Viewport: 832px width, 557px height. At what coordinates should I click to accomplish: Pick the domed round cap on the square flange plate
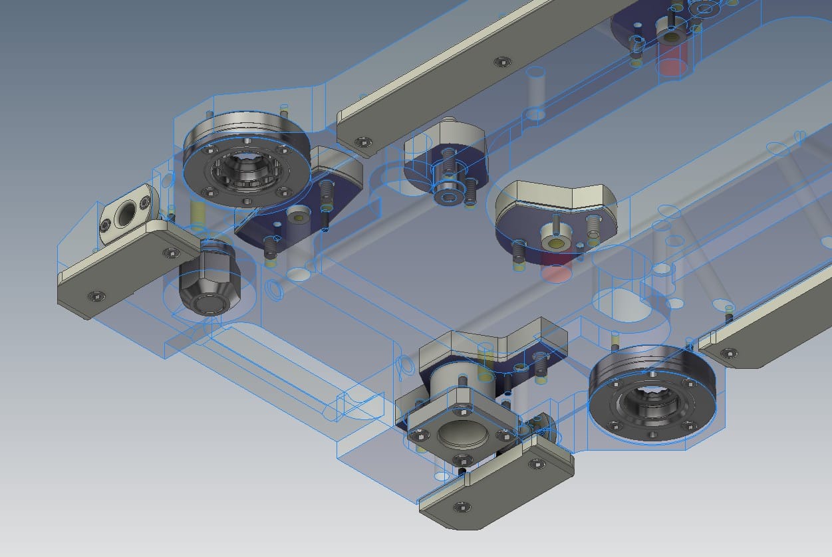click(463, 435)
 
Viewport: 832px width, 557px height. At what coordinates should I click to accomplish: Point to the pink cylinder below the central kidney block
click(556, 271)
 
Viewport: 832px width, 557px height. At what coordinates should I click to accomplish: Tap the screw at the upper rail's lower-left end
click(362, 142)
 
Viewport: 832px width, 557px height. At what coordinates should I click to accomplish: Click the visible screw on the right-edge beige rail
click(732, 354)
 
